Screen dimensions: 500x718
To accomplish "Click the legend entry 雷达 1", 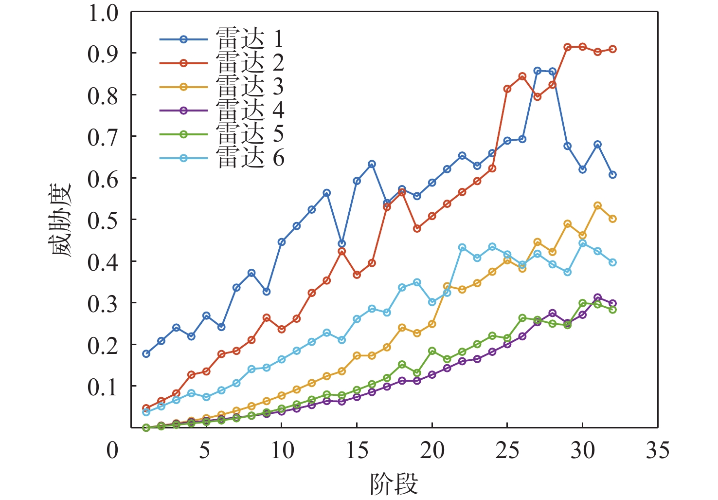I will [x=221, y=39].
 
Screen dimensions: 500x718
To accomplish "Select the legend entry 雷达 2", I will [x=221, y=63].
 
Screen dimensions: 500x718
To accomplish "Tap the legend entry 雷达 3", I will [x=221, y=87].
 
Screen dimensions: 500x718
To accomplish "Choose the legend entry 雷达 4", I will [x=221, y=111].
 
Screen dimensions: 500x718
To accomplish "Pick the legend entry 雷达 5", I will [x=221, y=134].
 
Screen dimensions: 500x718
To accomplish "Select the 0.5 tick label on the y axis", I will [x=103, y=221].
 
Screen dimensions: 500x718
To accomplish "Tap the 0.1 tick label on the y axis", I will [x=103, y=387].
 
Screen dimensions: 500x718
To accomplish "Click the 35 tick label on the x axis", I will [x=657, y=450].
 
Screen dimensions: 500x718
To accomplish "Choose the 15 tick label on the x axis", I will [x=357, y=450].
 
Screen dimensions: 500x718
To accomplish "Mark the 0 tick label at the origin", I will [x=112, y=450].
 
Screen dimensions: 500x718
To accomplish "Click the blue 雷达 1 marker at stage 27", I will [x=538, y=71].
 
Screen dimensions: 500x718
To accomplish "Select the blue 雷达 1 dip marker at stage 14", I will [x=342, y=243].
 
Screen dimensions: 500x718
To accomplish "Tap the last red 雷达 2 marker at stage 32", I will [x=612, y=49].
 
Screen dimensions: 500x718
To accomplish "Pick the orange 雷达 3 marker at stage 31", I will [x=597, y=206].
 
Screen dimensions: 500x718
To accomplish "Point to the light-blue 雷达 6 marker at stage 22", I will [x=462, y=248].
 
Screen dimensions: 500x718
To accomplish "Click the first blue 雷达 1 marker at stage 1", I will [x=146, y=353].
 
